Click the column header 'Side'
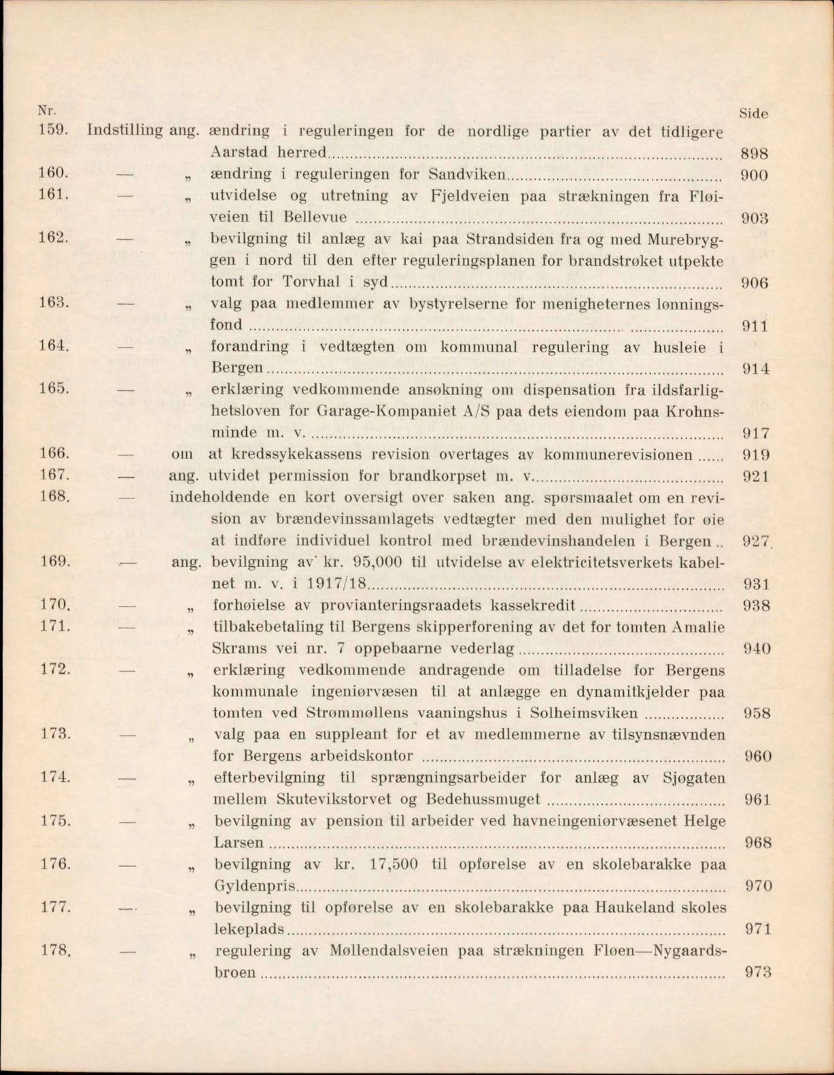(752, 114)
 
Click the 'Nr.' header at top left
(46, 109)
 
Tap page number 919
(755, 455)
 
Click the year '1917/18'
(336, 584)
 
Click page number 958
(757, 713)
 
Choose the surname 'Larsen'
(239, 842)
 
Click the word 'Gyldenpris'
(256, 886)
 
